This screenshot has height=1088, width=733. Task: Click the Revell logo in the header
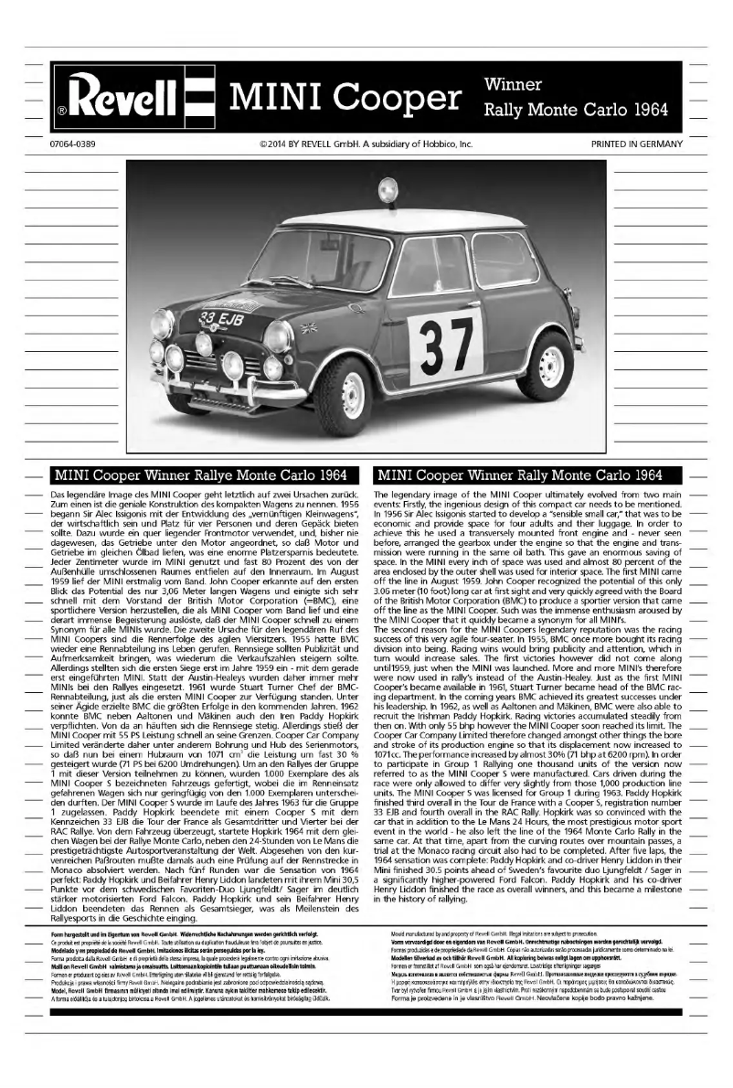137,99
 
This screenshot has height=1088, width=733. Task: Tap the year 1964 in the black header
650,111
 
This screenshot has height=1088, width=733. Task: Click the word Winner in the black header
513,84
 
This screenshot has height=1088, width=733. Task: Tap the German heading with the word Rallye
200,475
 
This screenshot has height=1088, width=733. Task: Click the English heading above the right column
519,475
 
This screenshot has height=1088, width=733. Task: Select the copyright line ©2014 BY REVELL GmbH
366,144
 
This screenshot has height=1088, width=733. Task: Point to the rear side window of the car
502,259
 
